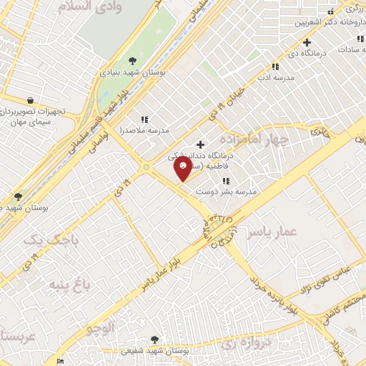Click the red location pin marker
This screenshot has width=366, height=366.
[183, 169]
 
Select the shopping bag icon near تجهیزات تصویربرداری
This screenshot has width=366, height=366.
[29, 101]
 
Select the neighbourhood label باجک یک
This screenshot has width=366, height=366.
[48, 241]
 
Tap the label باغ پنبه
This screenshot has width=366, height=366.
[69, 285]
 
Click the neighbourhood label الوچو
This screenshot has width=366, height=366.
[99, 329]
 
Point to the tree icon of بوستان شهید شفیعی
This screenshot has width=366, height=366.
[156, 340]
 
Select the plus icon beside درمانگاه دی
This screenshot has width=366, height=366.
[307, 42]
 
